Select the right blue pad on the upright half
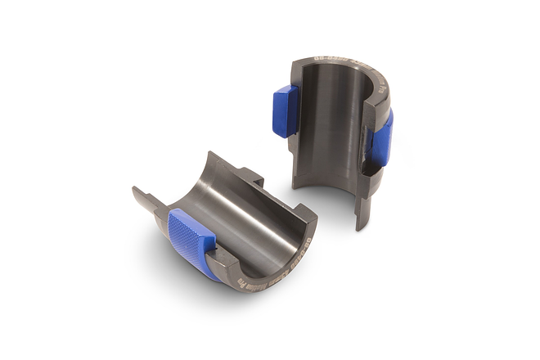click(x=381, y=139)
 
